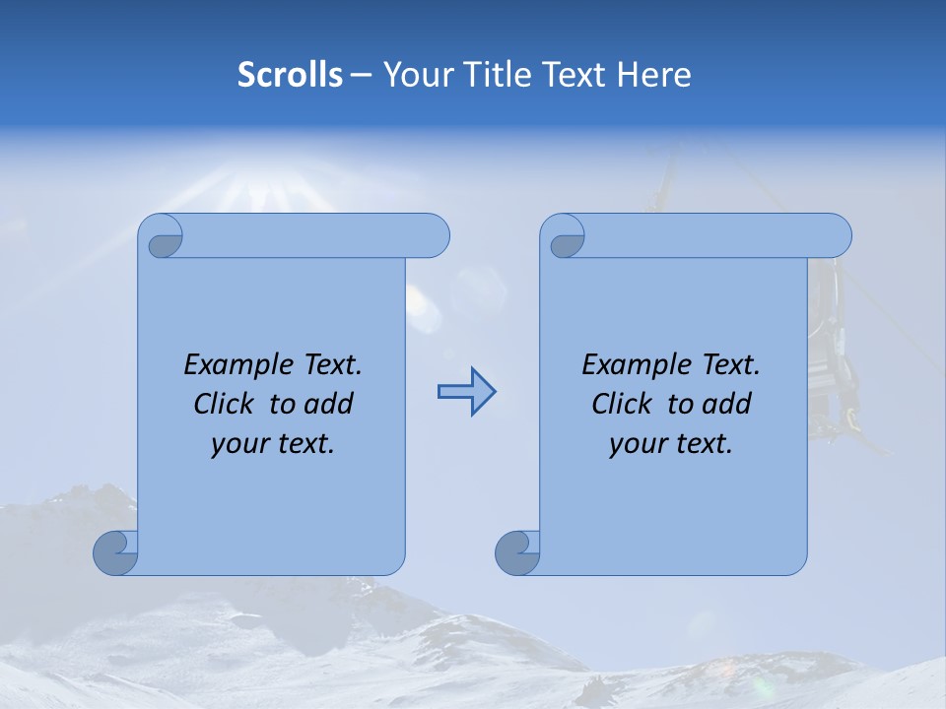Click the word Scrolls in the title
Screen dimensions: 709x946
point(290,75)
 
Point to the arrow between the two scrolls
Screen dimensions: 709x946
point(466,392)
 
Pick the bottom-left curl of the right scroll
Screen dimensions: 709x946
point(517,552)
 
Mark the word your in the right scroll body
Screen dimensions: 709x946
point(637,444)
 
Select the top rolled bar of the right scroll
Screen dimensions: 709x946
point(709,235)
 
